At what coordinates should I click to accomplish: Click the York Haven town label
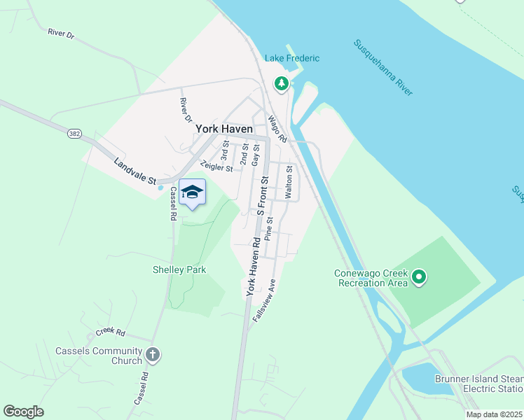(x=223, y=129)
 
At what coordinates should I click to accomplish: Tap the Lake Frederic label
(x=292, y=58)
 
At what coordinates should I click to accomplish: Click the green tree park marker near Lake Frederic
(x=282, y=84)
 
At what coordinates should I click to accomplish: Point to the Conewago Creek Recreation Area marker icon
(x=419, y=278)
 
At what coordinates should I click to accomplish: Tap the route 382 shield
(x=75, y=133)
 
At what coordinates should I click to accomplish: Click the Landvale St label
(x=135, y=171)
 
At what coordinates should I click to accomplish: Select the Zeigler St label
(x=216, y=166)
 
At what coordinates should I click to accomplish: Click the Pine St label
(x=270, y=229)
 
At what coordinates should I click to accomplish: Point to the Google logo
(x=24, y=411)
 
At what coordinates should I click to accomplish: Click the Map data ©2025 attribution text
(x=493, y=414)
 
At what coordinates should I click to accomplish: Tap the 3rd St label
(x=226, y=149)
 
